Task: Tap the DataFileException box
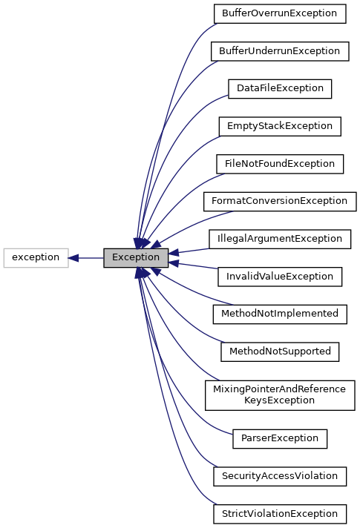(279, 88)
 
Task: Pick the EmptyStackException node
(279, 126)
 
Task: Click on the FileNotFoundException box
(279, 164)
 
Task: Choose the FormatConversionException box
(279, 201)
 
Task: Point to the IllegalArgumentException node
(279, 239)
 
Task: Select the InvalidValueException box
(279, 277)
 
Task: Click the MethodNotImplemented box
(279, 314)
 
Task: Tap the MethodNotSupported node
(279, 351)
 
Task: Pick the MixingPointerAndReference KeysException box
(279, 395)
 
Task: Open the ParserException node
(279, 438)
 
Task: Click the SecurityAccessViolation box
(279, 475)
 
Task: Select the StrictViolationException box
(279, 513)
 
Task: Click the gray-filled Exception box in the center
(136, 258)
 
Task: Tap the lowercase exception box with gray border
(36, 258)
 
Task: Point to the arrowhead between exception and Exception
(74, 258)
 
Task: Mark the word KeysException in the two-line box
(279, 400)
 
